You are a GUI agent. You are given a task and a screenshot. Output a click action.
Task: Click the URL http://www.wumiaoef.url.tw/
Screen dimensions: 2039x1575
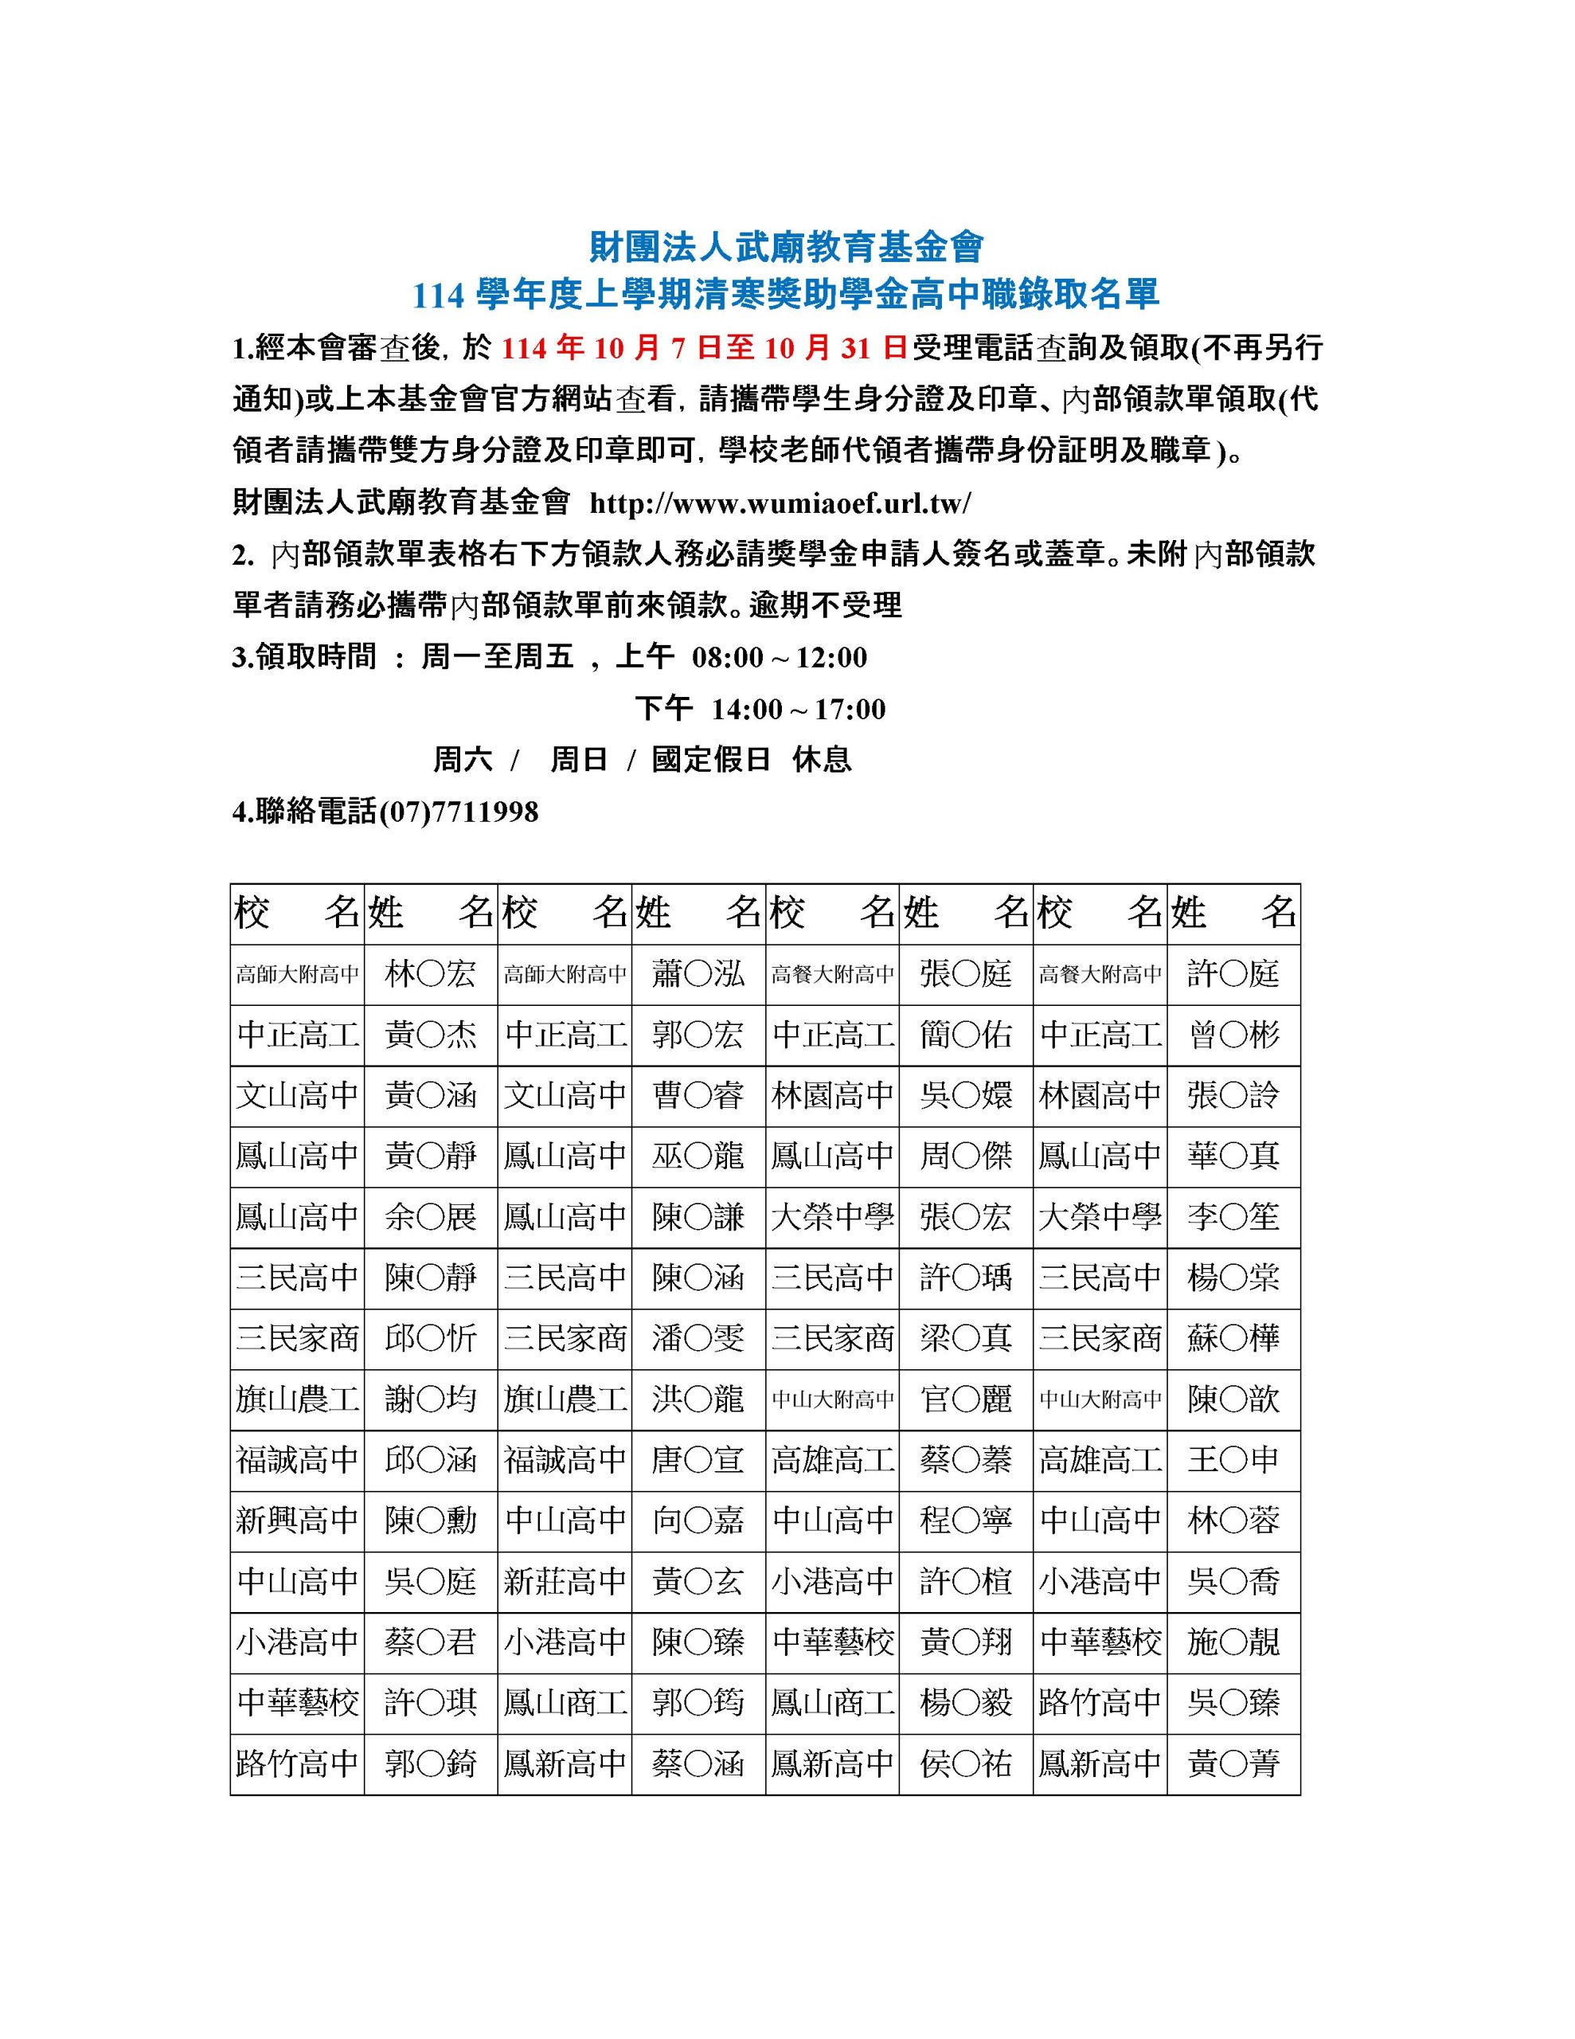click(x=780, y=503)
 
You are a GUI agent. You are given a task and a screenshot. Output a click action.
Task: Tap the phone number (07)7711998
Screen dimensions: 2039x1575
click(x=459, y=812)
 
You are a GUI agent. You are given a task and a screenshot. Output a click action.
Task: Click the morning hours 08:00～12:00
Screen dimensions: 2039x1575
click(x=779, y=657)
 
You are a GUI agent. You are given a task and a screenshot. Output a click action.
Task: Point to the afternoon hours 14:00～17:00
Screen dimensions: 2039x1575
click(x=797, y=709)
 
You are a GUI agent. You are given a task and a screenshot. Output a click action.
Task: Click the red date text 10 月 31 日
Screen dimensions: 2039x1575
click(x=835, y=348)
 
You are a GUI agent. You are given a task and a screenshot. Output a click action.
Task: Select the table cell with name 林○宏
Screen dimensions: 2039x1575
click(x=431, y=975)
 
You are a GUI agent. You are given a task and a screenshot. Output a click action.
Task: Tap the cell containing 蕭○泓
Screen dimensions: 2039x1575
click(x=698, y=975)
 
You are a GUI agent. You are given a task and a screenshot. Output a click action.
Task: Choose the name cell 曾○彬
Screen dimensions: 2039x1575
click(x=1233, y=1035)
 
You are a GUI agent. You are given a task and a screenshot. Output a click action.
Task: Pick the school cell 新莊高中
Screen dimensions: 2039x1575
click(x=565, y=1582)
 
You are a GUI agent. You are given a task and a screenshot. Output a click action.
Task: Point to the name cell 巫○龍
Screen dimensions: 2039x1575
click(x=698, y=1156)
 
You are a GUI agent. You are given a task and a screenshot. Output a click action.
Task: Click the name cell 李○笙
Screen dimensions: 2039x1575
click(x=1233, y=1217)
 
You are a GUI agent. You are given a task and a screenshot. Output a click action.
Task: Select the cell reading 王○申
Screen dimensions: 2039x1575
click(x=1233, y=1460)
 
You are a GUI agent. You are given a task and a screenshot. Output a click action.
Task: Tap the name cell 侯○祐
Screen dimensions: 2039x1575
click(x=965, y=1763)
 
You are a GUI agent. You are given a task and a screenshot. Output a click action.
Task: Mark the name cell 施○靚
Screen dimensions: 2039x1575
click(x=1233, y=1642)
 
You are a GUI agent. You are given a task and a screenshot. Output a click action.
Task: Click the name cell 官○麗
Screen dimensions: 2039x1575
click(x=965, y=1399)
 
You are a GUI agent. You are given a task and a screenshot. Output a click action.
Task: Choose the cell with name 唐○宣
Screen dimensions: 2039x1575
click(x=698, y=1460)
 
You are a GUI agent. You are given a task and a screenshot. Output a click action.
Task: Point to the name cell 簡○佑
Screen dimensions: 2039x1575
click(x=965, y=1035)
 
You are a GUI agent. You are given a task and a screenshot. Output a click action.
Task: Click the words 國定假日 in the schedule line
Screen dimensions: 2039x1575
click(x=710, y=760)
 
